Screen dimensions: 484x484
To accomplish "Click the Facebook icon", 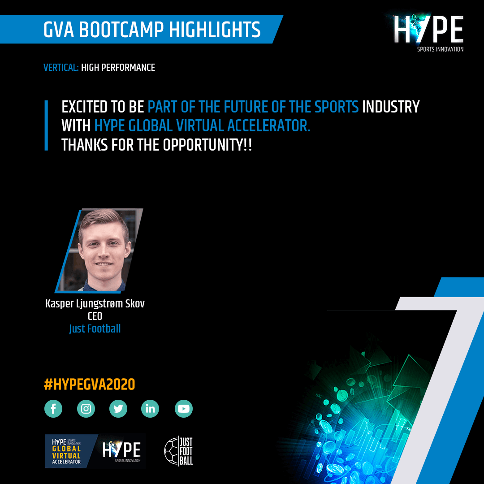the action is pos(53,409).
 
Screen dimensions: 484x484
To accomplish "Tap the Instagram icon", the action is pos(86,409).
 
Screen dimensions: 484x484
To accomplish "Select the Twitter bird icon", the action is pos(118,409).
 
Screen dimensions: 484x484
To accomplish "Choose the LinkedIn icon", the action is pos(150,409).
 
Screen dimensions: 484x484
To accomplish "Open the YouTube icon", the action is pos(184,409).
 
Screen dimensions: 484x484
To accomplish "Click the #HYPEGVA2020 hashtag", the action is pos(90,385).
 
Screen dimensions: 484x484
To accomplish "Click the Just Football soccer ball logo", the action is pos(178,451).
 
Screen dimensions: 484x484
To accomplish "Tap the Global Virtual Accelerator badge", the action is pos(95,451).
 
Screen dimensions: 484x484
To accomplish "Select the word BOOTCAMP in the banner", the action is pos(121,30).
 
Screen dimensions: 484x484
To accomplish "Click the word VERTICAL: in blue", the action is pos(61,67).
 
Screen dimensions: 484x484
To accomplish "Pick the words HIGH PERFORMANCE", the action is pos(118,67).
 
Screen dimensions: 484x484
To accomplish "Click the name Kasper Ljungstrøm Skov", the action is pos(95,303).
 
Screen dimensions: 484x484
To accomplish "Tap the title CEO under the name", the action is pos(95,316).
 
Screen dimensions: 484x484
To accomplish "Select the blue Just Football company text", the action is pos(95,329).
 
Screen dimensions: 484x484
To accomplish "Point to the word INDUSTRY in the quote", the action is pos(391,107).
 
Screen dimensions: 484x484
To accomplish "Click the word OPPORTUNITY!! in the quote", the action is pos(207,145).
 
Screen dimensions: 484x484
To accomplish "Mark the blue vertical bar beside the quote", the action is pos(46,125).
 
